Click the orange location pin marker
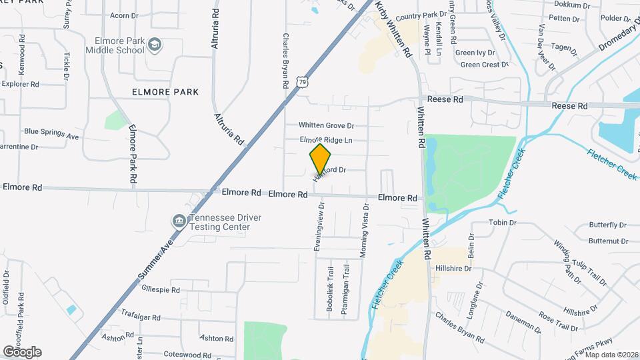[321, 159]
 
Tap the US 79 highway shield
[304, 81]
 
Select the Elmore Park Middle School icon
[155, 44]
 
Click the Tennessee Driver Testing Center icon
[179, 221]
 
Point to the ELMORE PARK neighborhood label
[165, 92]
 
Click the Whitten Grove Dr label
[326, 125]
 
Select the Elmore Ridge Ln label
[326, 140]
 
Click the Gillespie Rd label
[161, 290]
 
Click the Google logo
[22, 351]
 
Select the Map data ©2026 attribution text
[611, 354]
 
